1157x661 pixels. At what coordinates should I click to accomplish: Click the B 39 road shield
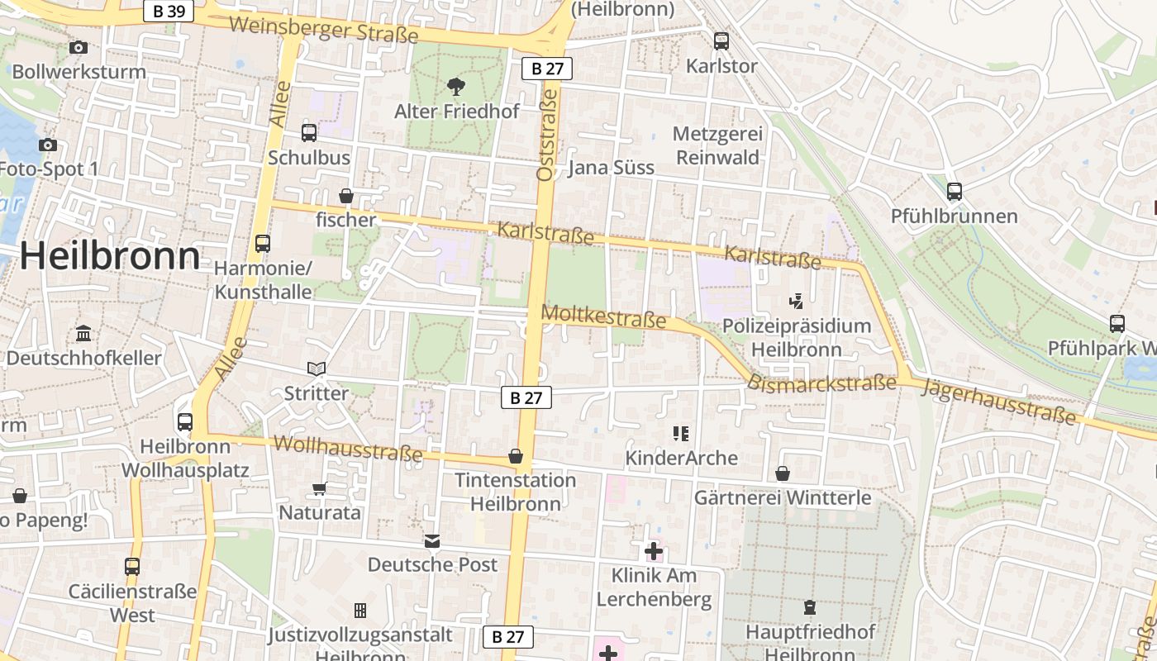coord(169,11)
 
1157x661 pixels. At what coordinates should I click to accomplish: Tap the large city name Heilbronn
coord(110,256)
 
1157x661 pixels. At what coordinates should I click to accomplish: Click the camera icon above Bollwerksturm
coord(79,48)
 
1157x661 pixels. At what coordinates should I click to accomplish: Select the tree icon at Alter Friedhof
coord(455,86)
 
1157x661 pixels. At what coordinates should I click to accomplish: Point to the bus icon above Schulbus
coord(309,132)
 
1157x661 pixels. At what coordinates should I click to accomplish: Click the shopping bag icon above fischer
coord(346,196)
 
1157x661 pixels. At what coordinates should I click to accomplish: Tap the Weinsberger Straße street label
coord(323,30)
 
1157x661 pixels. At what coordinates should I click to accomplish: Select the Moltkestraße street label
coord(603,316)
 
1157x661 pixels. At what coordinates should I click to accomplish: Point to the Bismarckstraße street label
coord(821,383)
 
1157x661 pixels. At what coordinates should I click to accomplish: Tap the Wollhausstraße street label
coord(348,448)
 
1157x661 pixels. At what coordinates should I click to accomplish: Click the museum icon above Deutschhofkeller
coord(83,334)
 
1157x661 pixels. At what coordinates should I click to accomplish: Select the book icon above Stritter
coord(317,369)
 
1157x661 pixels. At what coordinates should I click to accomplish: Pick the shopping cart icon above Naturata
coord(320,488)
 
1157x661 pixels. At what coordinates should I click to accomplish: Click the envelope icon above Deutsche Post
coord(432,541)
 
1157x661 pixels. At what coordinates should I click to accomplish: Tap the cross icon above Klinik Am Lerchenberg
coord(654,550)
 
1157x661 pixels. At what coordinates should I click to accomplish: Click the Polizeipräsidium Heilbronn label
coord(797,337)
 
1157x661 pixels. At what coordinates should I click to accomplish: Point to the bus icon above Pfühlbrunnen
coord(955,192)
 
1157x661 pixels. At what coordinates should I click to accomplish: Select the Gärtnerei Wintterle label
coord(783,497)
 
